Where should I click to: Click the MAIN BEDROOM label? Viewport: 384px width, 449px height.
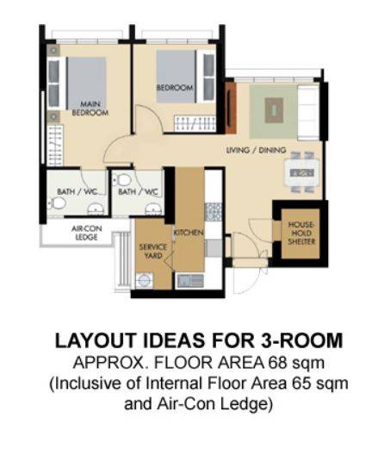coord(90,109)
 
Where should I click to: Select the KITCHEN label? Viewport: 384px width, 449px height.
coord(189,232)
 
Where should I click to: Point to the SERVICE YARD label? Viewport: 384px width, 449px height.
coord(153,251)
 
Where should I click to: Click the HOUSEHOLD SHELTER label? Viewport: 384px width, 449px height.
coord(301,233)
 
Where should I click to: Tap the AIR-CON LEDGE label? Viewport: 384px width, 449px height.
coord(86,233)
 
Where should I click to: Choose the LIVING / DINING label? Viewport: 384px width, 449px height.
coord(256,150)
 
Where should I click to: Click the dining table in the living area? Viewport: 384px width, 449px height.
coord(301,172)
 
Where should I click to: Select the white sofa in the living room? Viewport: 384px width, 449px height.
coord(308,112)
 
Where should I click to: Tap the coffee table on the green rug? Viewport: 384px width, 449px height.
coord(274,110)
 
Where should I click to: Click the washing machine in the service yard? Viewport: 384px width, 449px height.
coord(145,280)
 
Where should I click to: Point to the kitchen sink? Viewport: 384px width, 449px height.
coord(190,281)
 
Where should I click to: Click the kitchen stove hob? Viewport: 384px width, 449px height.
coord(214,212)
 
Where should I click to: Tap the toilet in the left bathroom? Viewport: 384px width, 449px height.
coord(57,203)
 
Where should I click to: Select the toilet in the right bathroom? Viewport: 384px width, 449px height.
coord(122,180)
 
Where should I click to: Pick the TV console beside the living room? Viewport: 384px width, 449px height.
coord(231,109)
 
